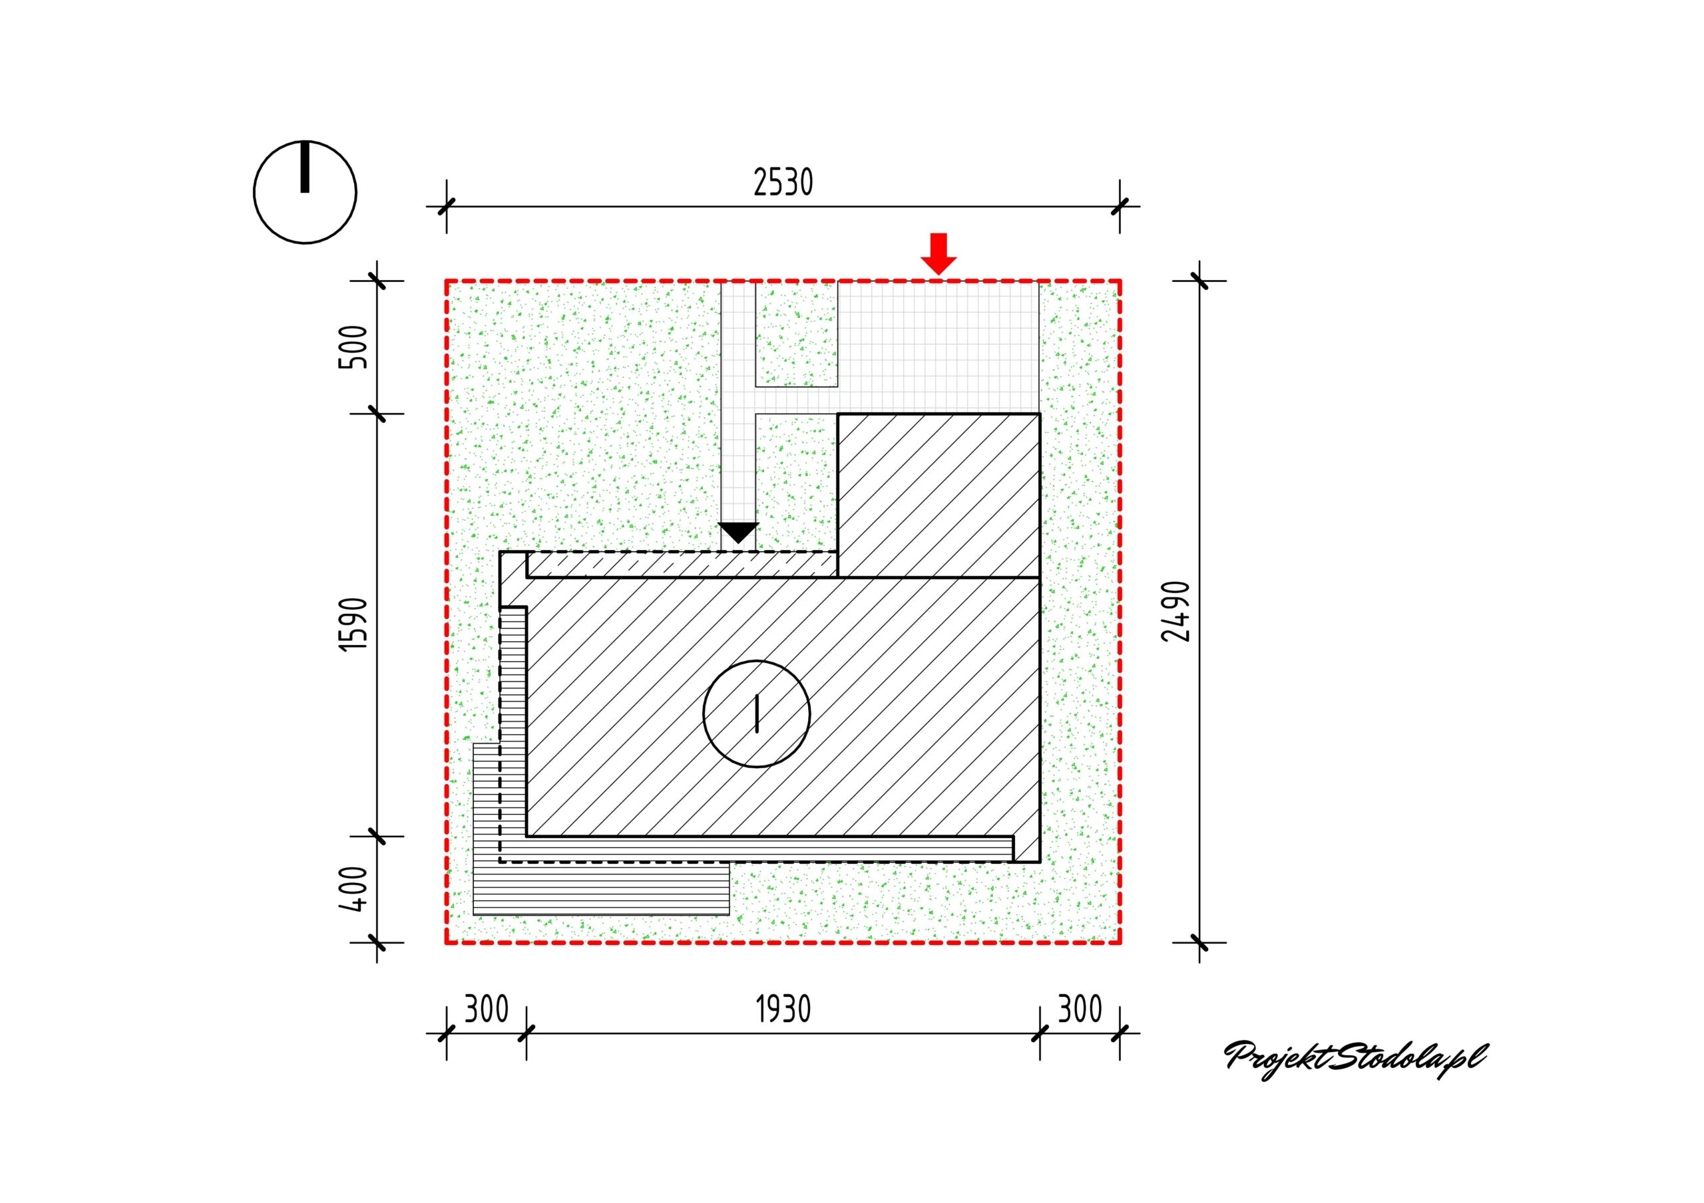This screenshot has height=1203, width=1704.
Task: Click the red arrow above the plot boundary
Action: pos(939,253)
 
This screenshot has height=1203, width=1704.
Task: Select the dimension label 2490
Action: pos(1177,611)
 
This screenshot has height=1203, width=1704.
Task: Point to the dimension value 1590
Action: pos(354,624)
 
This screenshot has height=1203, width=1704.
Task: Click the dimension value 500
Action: pos(354,346)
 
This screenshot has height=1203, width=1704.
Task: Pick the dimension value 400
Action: pos(354,889)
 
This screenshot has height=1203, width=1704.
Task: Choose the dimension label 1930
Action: pos(783,1009)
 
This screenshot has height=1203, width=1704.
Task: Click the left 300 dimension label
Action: pos(486,1009)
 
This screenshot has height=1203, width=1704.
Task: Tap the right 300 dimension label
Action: pos(1080,1009)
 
